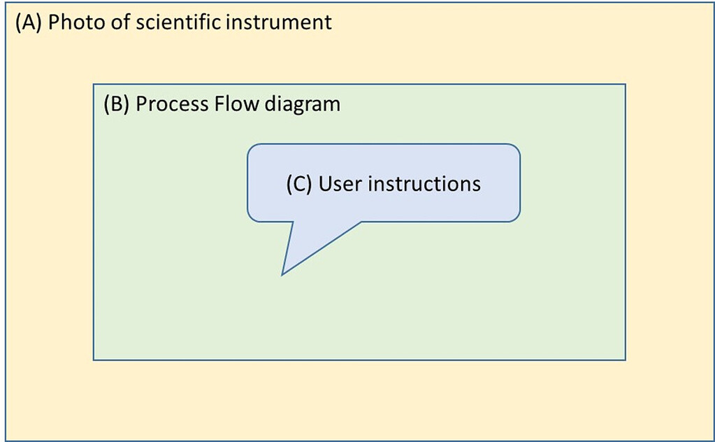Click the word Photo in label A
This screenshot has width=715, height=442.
(x=71, y=23)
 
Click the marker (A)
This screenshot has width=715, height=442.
(x=29, y=23)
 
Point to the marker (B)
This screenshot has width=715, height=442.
(x=117, y=104)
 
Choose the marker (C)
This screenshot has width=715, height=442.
(x=300, y=184)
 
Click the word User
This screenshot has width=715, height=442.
(x=340, y=184)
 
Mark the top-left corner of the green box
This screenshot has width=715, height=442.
(x=94, y=85)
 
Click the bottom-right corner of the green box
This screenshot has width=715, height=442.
(x=625, y=360)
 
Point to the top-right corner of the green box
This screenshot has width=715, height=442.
(x=625, y=85)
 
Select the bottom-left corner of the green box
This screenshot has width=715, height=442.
(x=94, y=360)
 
